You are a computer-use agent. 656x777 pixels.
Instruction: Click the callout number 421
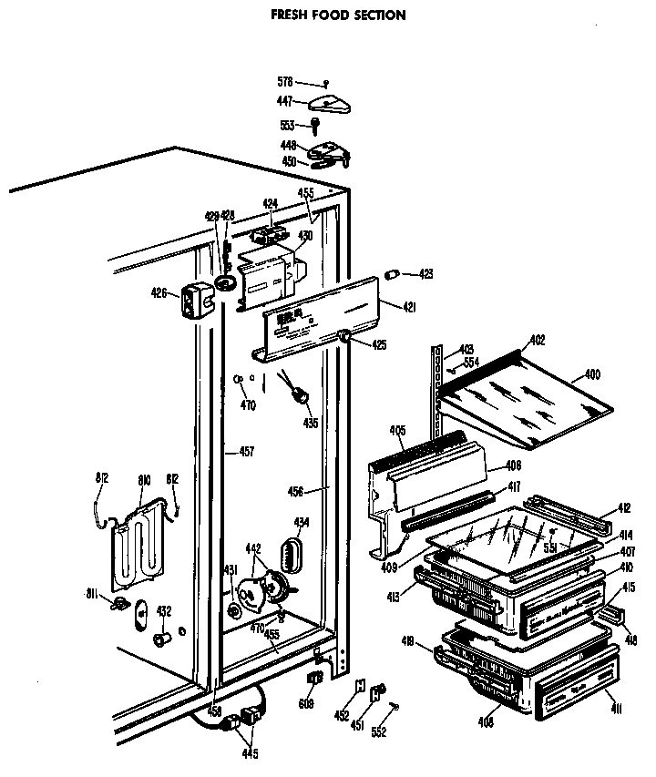click(409, 308)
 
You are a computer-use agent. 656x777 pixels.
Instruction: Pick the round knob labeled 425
click(347, 339)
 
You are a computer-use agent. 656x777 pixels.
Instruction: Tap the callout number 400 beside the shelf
click(592, 374)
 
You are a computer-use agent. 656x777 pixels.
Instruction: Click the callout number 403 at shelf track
click(466, 349)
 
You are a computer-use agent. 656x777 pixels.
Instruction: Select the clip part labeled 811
click(118, 604)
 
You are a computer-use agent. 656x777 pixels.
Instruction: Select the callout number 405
click(397, 431)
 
